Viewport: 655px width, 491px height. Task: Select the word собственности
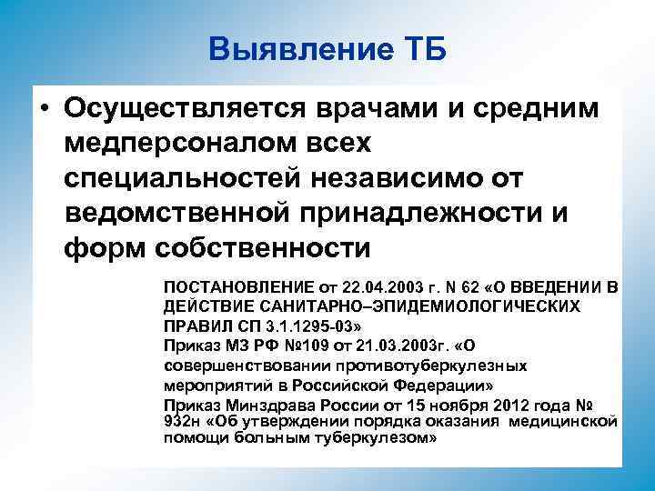tap(264, 246)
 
